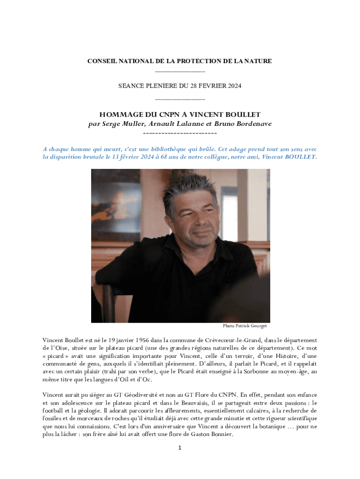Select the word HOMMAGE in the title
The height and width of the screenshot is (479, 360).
tap(118, 115)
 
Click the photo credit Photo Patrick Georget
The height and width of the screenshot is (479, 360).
tap(245, 326)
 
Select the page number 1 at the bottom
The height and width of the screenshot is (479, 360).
tap(180, 448)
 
